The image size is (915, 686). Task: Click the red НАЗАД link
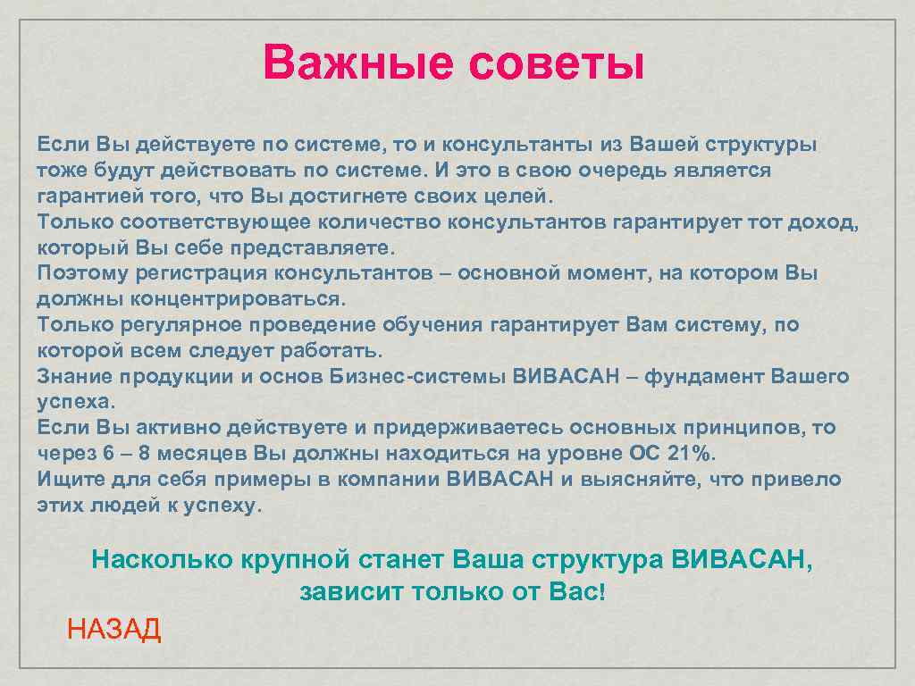[x=114, y=629]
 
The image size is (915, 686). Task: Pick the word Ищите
[x=66, y=479]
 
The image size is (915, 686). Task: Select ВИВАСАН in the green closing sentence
[x=741, y=561]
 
